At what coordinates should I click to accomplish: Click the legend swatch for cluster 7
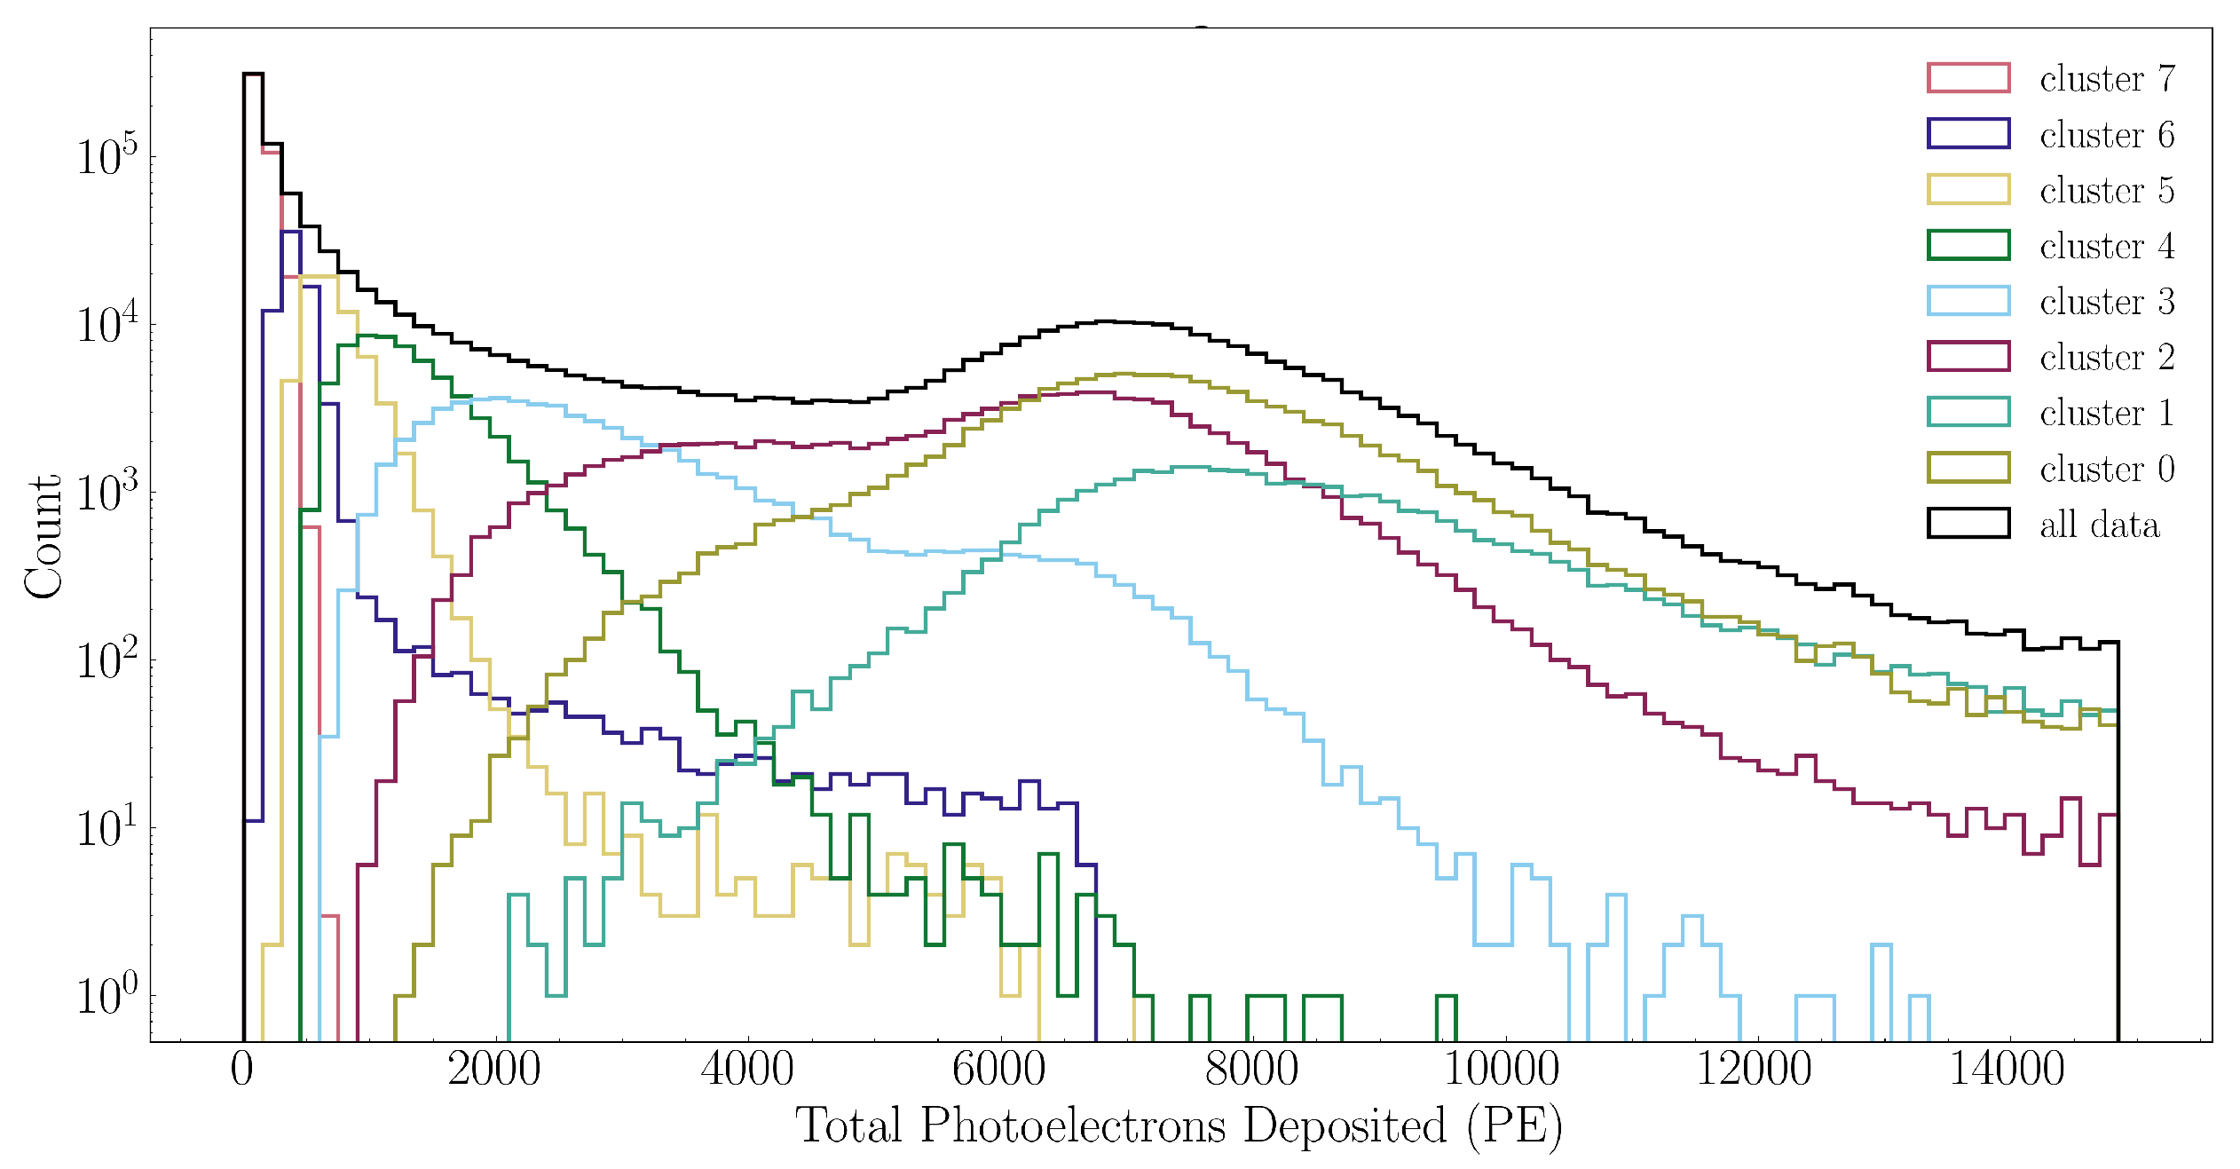pos(1968,78)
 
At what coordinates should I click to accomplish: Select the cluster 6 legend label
pos(2107,135)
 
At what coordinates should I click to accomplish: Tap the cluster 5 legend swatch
pos(1968,189)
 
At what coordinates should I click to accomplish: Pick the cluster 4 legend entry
pos(2107,246)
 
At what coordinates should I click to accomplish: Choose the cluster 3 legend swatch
pos(1968,301)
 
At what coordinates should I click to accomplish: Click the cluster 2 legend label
pos(2107,357)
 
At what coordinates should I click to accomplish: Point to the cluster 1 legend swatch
pos(1968,412)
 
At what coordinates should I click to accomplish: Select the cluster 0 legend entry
pos(2107,469)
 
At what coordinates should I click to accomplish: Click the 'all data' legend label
pos(2099,525)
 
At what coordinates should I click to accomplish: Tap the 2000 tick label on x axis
pos(493,1069)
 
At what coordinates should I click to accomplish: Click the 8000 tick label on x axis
pos(1251,1069)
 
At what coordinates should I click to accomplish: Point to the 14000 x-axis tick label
pos(2007,1069)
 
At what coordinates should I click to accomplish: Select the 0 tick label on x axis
pos(242,1069)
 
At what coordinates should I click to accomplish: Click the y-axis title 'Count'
pos(43,538)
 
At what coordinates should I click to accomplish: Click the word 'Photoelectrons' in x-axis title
pos(1074,1126)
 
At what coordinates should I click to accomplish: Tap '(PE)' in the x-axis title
pos(1514,1126)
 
